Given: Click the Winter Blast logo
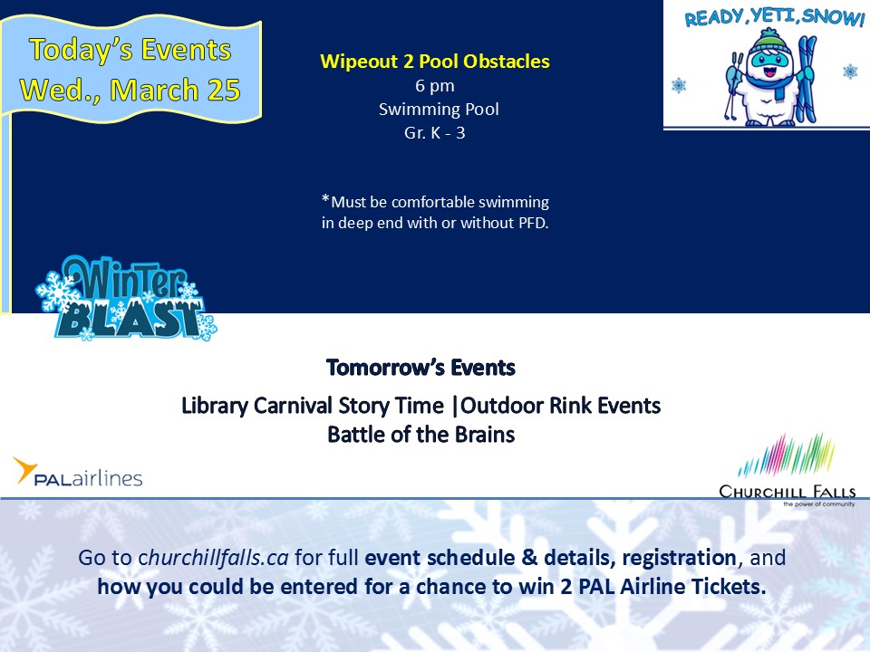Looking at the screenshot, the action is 127,298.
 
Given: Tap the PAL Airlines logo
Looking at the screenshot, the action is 78,473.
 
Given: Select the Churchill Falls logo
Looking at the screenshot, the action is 788,470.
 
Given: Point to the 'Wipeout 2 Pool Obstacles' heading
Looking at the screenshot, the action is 435,61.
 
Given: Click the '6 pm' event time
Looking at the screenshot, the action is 435,86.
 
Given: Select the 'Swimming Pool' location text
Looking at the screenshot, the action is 439,110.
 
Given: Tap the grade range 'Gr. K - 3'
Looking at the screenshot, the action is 435,133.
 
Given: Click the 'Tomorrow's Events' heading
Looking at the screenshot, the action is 421,368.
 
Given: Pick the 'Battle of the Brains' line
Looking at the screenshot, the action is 421,435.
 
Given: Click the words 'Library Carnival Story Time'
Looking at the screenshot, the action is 313,406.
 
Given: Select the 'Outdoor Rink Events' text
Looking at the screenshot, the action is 560,406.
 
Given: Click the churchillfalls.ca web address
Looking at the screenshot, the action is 214,558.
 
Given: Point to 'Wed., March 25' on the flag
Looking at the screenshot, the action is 130,90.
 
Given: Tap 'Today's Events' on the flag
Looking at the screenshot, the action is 130,50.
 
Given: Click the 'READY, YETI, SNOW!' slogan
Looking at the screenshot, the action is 775,17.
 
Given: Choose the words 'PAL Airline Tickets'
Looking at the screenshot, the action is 672,587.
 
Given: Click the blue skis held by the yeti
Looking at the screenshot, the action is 807,78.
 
